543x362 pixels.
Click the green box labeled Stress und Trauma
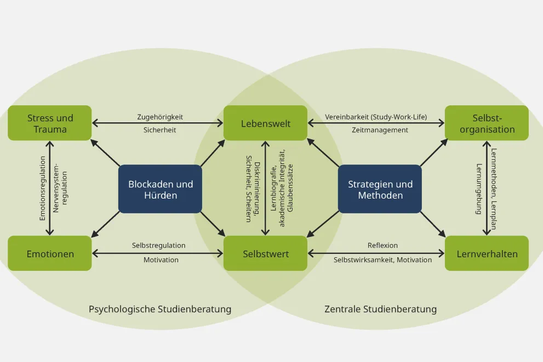(50, 123)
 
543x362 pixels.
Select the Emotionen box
(50, 254)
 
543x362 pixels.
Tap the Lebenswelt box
(266, 123)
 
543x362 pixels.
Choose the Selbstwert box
(266, 254)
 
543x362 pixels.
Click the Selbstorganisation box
(487, 123)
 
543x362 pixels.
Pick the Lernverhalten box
(487, 254)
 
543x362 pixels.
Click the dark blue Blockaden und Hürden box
(161, 189)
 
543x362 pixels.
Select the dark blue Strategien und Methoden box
(380, 189)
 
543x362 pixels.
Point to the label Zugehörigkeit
(160, 117)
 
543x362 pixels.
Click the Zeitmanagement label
(380, 130)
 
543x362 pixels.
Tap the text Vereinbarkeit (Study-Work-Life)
(376, 117)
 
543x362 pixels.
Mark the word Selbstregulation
(158, 245)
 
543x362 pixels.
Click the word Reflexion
(382, 245)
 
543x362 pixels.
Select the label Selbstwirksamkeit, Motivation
(382, 259)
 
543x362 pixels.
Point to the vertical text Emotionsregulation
(43, 188)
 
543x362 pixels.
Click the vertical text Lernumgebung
(479, 189)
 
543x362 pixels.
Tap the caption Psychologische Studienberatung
(160, 309)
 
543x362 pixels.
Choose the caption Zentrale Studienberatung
(380, 309)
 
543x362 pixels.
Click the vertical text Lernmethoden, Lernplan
(494, 189)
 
